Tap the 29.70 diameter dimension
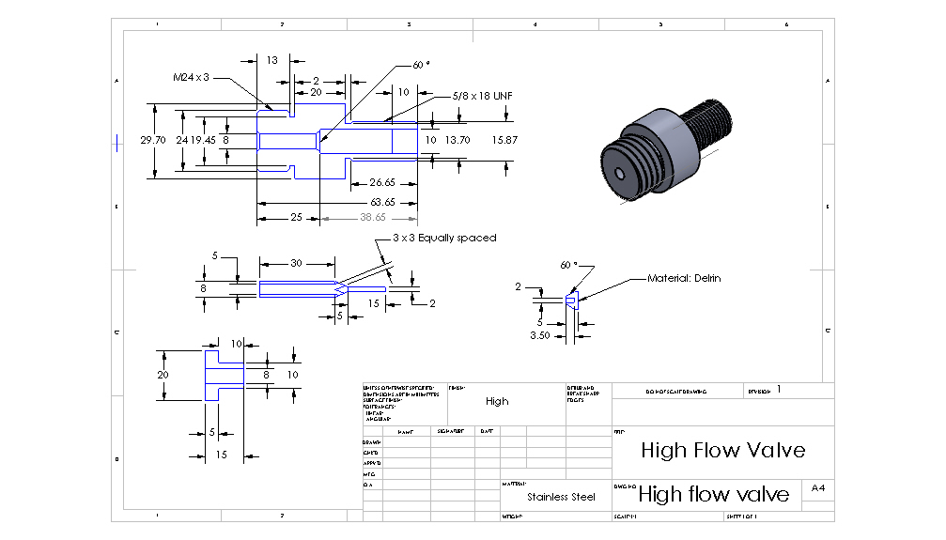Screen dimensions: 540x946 click(x=153, y=140)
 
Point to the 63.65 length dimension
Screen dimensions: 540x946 click(x=381, y=202)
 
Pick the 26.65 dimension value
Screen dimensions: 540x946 click(x=381, y=182)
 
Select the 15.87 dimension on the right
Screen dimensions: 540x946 click(x=504, y=140)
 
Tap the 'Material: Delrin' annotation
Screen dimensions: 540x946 click(x=684, y=279)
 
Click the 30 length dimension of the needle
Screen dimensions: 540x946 click(x=296, y=264)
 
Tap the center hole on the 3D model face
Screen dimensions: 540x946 click(x=620, y=174)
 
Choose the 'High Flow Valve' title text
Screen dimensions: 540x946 click(x=722, y=450)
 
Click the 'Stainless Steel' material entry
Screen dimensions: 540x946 click(x=561, y=497)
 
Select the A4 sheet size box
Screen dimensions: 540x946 click(x=818, y=488)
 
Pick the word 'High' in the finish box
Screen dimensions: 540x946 click(x=497, y=401)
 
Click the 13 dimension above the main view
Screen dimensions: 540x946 click(x=271, y=60)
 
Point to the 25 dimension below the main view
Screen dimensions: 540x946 click(x=296, y=218)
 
